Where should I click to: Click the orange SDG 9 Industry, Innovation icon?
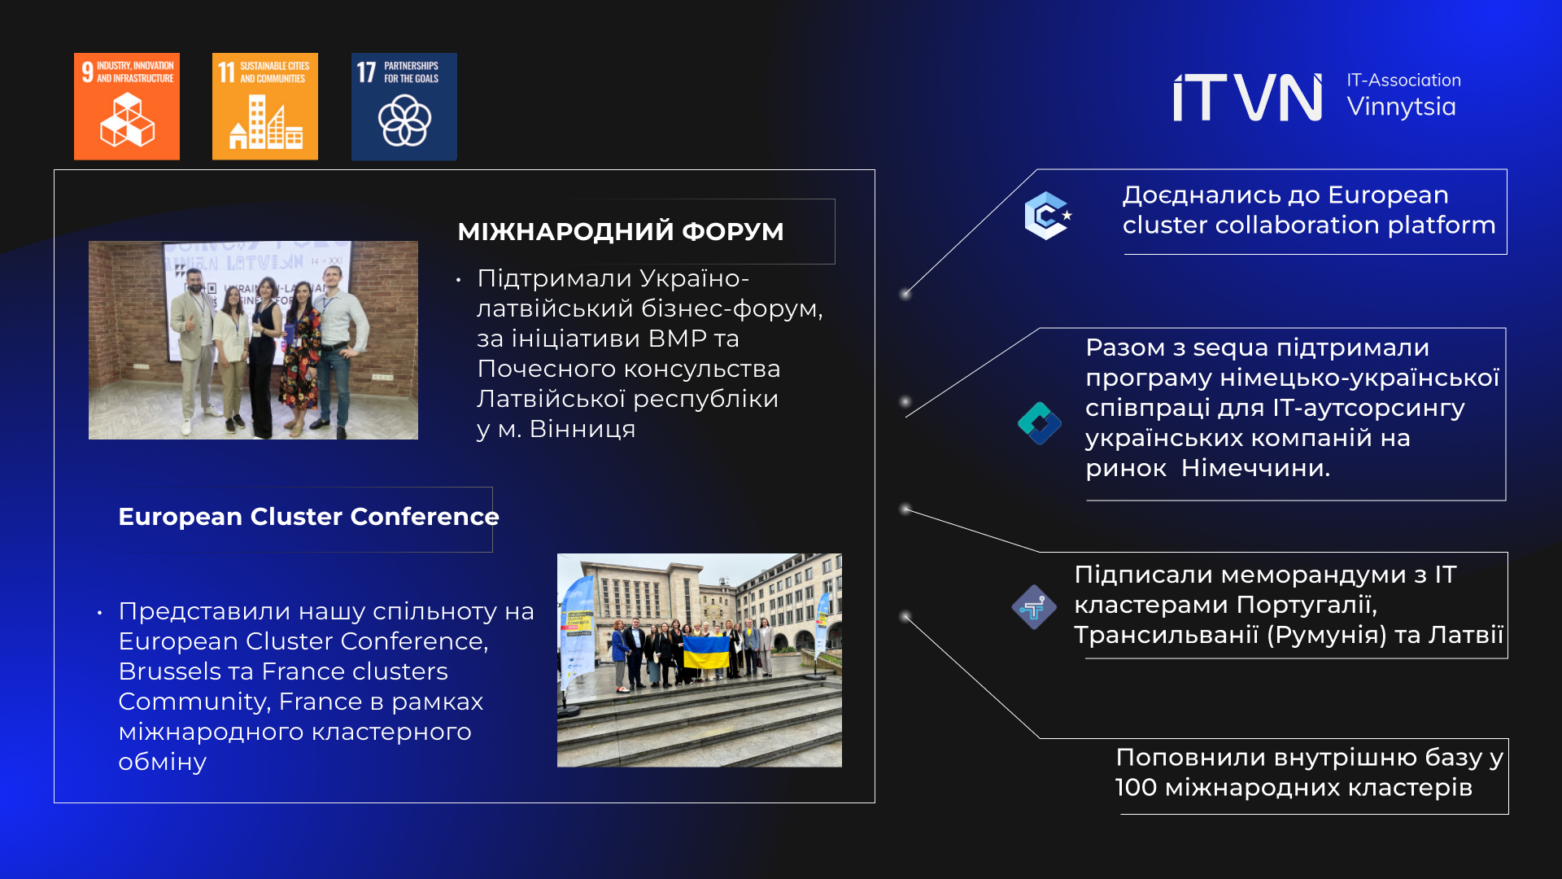(127, 107)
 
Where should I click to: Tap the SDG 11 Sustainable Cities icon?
(265, 107)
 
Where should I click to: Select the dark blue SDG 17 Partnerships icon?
(404, 107)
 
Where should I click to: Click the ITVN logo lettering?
(1248, 98)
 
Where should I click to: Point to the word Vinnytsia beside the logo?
(1401, 107)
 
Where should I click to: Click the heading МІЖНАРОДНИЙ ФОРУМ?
(621, 232)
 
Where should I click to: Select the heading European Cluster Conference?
(308, 517)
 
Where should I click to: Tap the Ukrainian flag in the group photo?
(705, 652)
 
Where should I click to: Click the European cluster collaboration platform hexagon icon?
(1048, 216)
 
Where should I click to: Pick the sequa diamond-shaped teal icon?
(1040, 423)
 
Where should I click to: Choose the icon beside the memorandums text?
(1034, 607)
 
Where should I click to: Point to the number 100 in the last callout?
(1136, 788)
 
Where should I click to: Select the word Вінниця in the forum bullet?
(582, 429)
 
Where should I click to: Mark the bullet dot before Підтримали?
(459, 280)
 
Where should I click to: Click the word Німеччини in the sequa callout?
(1255, 468)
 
